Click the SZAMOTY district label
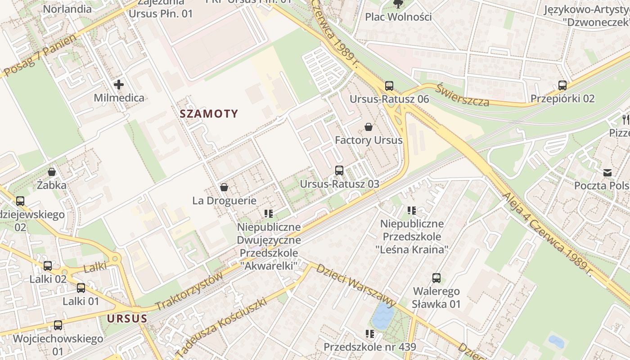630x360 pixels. (x=209, y=113)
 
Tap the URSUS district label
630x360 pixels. (x=127, y=319)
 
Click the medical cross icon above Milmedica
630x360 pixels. (x=119, y=85)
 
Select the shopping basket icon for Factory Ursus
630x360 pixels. (x=369, y=127)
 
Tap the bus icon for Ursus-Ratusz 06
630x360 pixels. (x=389, y=85)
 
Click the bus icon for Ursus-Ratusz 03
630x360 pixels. (x=339, y=171)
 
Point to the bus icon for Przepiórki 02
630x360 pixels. (x=562, y=85)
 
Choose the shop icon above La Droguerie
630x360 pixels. (x=224, y=187)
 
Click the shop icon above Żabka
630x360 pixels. (x=52, y=172)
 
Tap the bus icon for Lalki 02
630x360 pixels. (x=48, y=266)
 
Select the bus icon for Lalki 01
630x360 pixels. (x=81, y=288)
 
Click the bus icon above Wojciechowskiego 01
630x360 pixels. (x=58, y=325)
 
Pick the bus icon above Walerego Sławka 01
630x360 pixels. (x=436, y=278)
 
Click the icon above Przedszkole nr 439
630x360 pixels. (x=370, y=334)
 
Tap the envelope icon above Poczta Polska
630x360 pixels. (x=607, y=172)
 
